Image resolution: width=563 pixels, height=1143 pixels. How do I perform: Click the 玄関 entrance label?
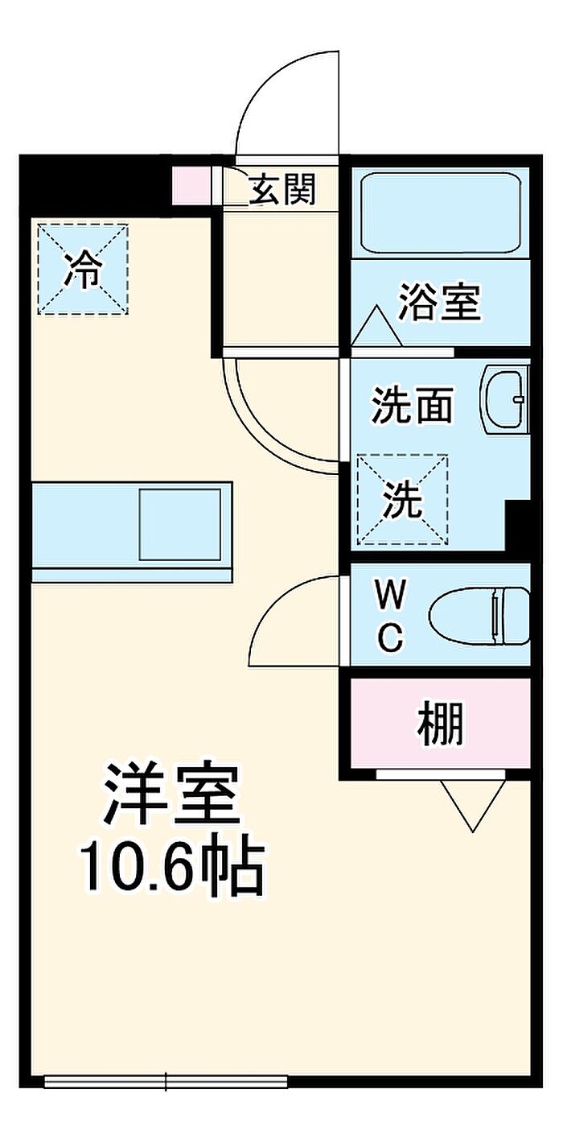[x=282, y=189]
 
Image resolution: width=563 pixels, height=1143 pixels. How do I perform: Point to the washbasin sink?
[x=505, y=399]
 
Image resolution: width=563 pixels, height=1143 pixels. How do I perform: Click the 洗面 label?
[x=412, y=405]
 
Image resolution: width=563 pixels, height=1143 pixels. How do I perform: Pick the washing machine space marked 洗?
[x=402, y=500]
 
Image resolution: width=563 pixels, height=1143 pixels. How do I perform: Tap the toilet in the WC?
[x=480, y=616]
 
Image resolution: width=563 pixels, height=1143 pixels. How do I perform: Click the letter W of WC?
[x=391, y=594]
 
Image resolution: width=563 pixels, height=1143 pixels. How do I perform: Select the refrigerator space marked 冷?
[x=83, y=269]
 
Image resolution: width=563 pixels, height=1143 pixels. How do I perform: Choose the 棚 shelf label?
[x=441, y=723]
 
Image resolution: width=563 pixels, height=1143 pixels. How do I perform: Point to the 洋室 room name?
[x=171, y=794]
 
